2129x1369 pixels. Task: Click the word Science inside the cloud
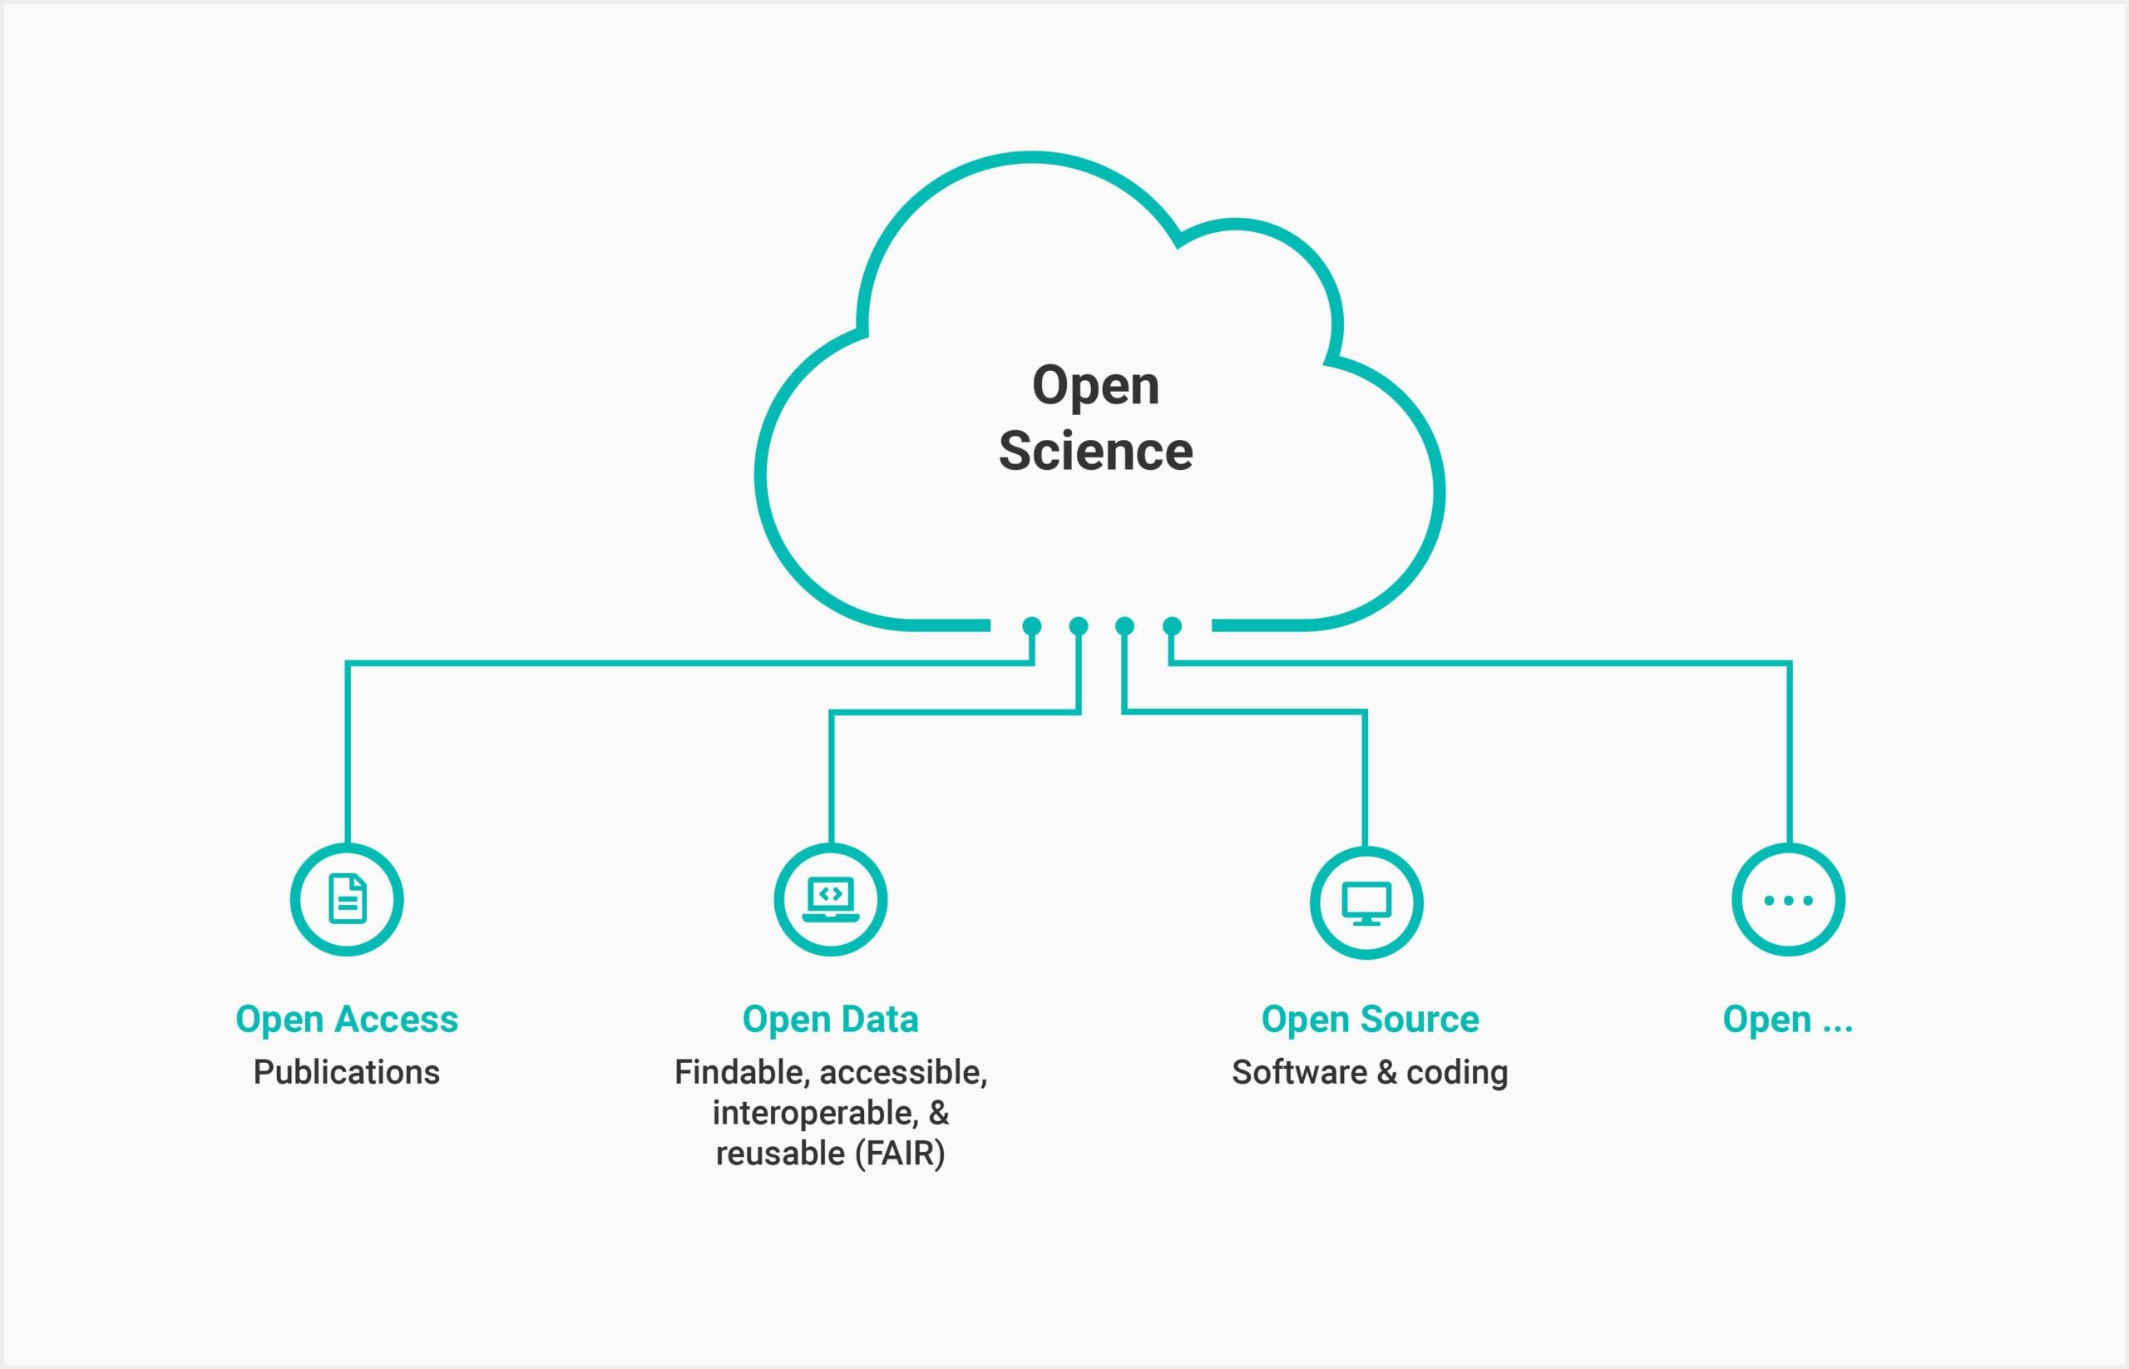pyautogui.click(x=1095, y=452)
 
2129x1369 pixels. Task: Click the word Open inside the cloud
pyautogui.click(x=1095, y=386)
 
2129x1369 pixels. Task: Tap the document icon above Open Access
pyautogui.click(x=347, y=900)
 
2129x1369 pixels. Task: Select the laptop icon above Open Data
pyautogui.click(x=830, y=900)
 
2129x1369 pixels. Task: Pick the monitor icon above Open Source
pyautogui.click(x=1366, y=902)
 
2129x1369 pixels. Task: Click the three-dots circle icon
pyautogui.click(x=1789, y=900)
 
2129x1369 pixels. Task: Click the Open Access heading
pyautogui.click(x=347, y=1019)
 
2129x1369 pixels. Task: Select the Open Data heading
pyautogui.click(x=830, y=1019)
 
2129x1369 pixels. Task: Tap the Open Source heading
pyautogui.click(x=1370, y=1019)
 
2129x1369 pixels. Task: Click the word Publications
pyautogui.click(x=347, y=1072)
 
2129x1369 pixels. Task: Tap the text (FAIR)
pyautogui.click(x=900, y=1154)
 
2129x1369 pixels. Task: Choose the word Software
pyautogui.click(x=1299, y=1072)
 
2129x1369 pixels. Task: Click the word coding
pyautogui.click(x=1457, y=1072)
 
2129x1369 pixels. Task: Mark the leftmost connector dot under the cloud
pyautogui.click(x=1032, y=625)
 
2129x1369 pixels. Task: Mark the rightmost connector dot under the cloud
pyautogui.click(x=1173, y=625)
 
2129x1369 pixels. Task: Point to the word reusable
pyautogui.click(x=779, y=1154)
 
